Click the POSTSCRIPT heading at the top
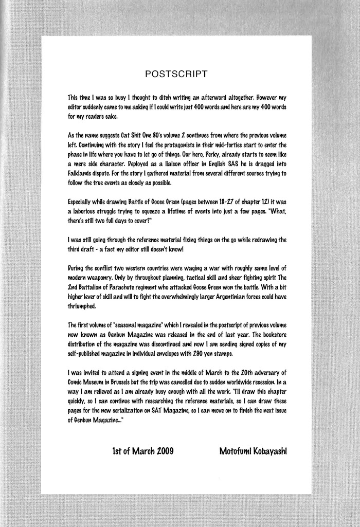[x=176, y=73]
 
